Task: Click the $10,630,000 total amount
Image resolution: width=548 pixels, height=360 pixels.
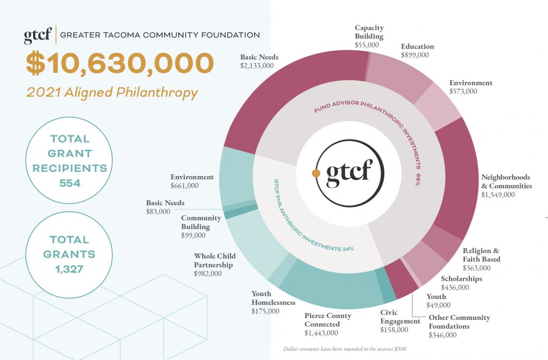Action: (x=120, y=64)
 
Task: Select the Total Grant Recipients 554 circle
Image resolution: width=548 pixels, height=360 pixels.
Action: (x=70, y=160)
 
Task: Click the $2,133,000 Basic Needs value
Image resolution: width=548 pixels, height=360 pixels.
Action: (x=257, y=66)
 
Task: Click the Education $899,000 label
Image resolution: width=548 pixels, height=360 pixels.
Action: (x=417, y=51)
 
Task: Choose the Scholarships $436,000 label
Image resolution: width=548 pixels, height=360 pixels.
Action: (x=461, y=283)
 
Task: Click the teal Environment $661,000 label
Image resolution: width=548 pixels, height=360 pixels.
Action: (x=192, y=181)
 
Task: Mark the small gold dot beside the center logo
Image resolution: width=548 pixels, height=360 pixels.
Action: (x=316, y=173)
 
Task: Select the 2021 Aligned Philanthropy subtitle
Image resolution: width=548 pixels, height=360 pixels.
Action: (x=112, y=93)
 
